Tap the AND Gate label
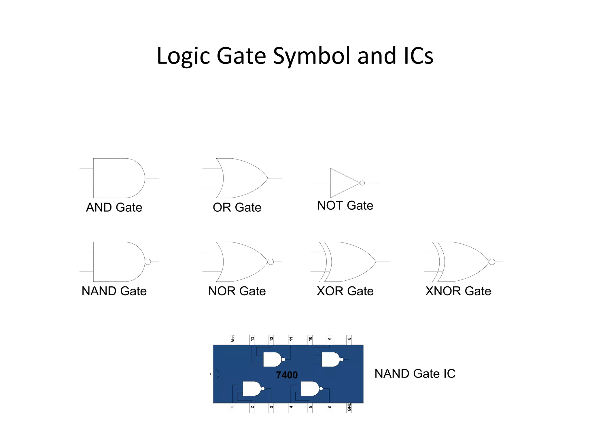114,207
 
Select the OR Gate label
237,207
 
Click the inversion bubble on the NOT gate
362,183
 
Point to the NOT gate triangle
343,183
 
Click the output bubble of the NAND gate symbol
148,262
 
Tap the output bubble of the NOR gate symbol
271,262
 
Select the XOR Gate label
345,291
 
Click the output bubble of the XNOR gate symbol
492,262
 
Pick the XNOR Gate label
458,291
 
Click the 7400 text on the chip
287,375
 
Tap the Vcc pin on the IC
232,339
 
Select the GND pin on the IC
349,408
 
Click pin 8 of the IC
349,339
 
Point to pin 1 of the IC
232,408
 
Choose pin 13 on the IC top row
252,339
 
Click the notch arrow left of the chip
209,374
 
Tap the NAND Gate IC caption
415,374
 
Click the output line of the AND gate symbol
152,178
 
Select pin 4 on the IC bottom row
291,408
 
